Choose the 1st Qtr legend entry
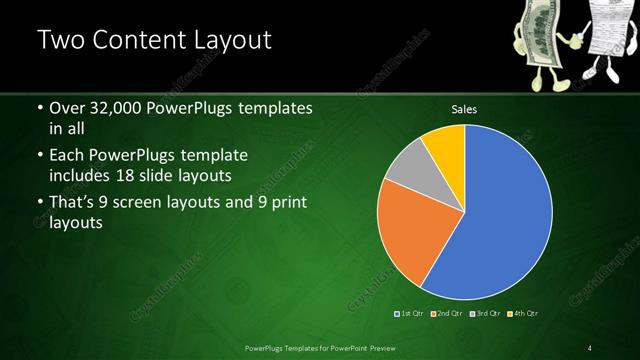pyautogui.click(x=409, y=314)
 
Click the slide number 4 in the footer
pyautogui.click(x=590, y=348)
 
